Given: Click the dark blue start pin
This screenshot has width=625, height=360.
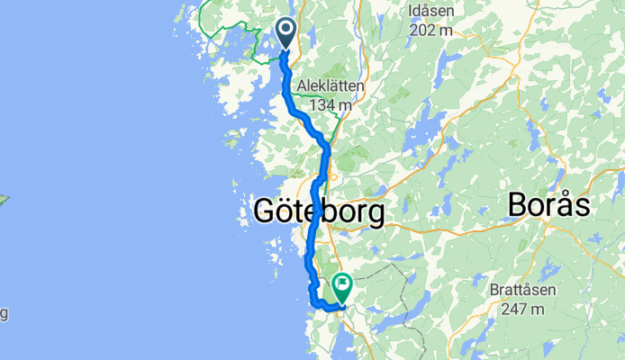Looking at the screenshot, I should pos(286,34).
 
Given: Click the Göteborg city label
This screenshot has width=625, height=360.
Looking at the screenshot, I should pos(319,212).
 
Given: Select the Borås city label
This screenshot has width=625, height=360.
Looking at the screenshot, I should pos(548,204).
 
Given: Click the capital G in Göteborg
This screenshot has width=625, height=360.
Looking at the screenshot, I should pos(266,212).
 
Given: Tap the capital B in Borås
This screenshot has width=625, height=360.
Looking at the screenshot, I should pos(518,204).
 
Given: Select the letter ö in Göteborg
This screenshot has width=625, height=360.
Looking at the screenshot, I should pos(288,212).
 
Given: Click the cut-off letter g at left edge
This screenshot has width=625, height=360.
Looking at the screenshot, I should pos(3,313).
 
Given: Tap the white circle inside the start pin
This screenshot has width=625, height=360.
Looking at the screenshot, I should pos(286,31).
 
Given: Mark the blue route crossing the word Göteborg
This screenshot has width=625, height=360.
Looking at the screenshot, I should pos(313,212).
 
